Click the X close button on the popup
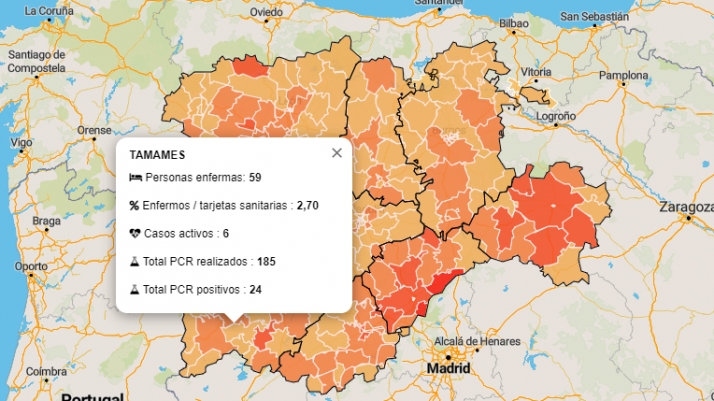point(337,153)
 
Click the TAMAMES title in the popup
point(157,156)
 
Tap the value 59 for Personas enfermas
point(255,177)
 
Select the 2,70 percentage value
point(307,205)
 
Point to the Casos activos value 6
point(226,233)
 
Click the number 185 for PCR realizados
point(265,261)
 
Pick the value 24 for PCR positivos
point(255,289)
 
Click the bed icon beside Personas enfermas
point(136,177)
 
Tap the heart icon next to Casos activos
point(136,233)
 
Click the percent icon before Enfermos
point(135,205)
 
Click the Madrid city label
point(448,368)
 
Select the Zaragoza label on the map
point(684,207)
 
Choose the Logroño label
point(557,116)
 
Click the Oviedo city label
point(266,13)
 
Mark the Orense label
point(95,130)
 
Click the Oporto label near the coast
point(31,266)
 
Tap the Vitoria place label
point(536,72)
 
